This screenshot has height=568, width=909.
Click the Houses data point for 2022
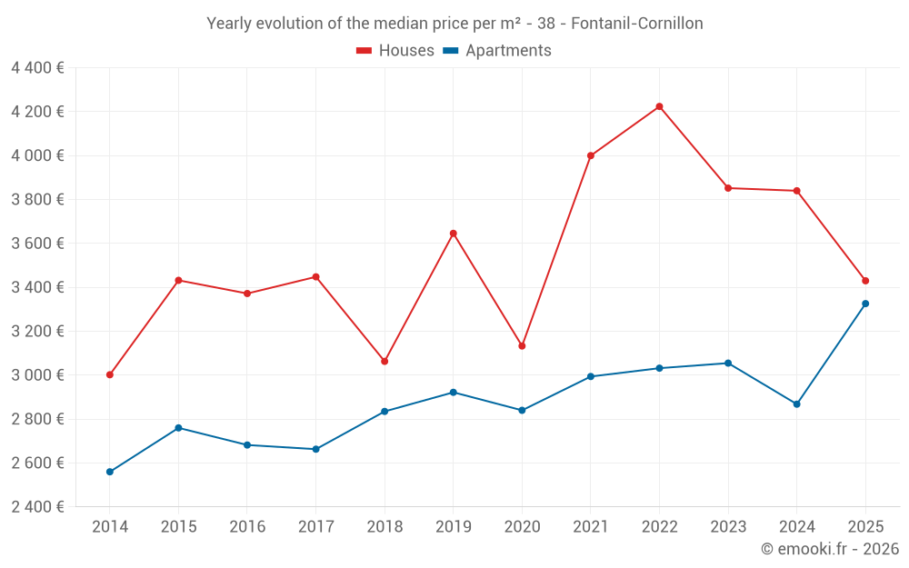pos(659,106)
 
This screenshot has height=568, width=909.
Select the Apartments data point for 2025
pos(865,304)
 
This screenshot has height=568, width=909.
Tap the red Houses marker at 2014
pos(110,374)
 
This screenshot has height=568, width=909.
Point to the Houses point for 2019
pos(454,234)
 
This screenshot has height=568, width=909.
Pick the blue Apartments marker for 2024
pos(797,404)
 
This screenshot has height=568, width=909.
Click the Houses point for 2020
pos(522,346)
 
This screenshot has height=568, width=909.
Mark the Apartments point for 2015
pos(178,428)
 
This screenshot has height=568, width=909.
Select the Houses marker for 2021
pos(591,155)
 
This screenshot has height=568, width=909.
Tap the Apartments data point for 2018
pos(385,412)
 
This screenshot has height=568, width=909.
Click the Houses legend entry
pos(395,51)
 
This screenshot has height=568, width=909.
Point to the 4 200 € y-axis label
pos(38,112)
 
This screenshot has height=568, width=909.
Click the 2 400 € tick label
pos(38,507)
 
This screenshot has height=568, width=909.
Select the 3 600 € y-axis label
pos(38,244)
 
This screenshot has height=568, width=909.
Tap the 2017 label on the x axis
pos(315,526)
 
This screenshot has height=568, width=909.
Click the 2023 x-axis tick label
pos(728,526)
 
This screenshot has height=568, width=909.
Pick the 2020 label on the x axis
pos(522,526)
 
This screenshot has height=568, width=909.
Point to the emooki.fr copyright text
pos(829,549)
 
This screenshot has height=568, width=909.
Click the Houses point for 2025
pos(865,281)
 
